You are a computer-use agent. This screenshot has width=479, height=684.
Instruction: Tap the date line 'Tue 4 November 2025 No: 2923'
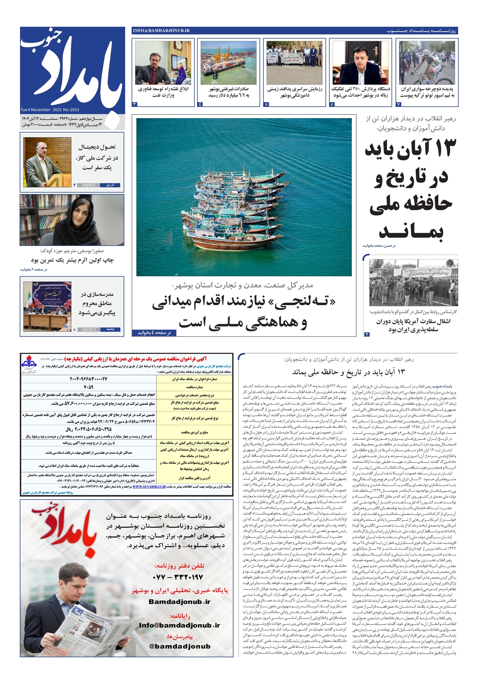pyautogui.click(x=50, y=110)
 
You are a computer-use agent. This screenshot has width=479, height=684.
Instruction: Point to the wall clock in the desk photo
pyautogui.click(x=178, y=45)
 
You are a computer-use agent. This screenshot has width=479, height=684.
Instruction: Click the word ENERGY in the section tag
pyautogui.click(x=88, y=185)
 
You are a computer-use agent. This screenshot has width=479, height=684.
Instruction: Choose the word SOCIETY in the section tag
pyautogui.click(x=89, y=329)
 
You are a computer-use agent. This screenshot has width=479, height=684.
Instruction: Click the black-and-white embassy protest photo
pyautogui.click(x=413, y=282)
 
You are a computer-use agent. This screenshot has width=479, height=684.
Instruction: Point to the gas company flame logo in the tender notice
pyautogui.click(x=29, y=363)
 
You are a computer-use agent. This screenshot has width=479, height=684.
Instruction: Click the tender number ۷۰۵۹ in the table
pyautogui.click(x=88, y=387)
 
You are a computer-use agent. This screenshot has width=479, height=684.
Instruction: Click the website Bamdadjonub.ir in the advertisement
pyautogui.click(x=179, y=602)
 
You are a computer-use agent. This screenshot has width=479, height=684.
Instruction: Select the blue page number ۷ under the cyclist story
pyautogui.click(x=399, y=104)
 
